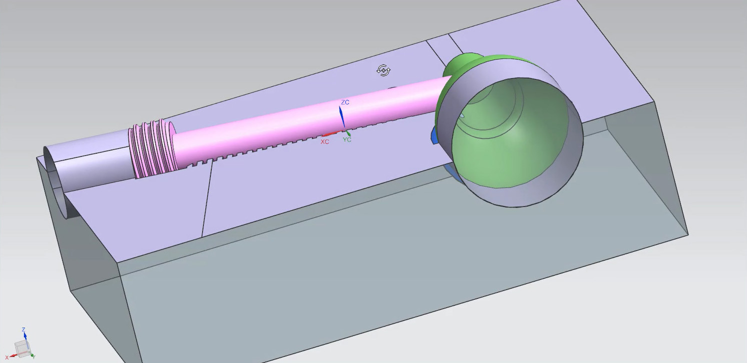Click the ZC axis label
(x=345, y=102)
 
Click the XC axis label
(x=324, y=142)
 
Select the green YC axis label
(x=347, y=140)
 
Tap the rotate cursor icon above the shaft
(x=383, y=70)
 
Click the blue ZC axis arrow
(x=342, y=118)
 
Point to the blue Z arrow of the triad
(x=24, y=334)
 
